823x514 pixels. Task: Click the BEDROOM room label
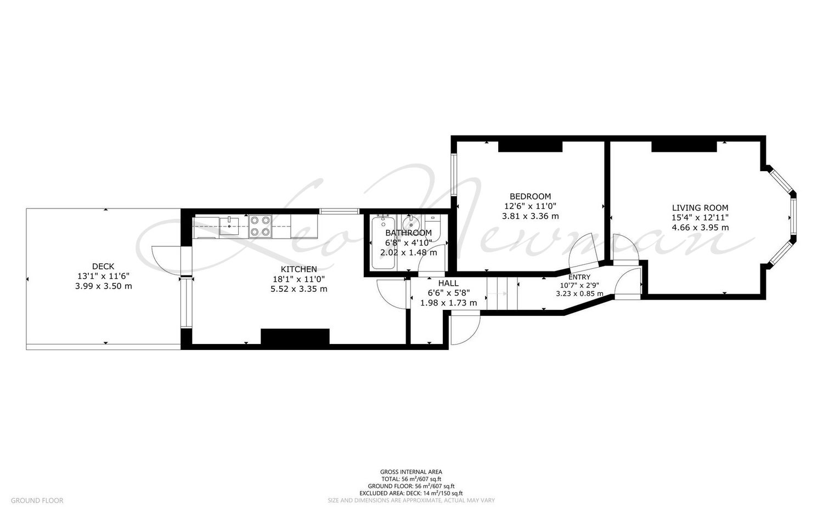pyautogui.click(x=530, y=196)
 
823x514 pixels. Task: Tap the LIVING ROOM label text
pyautogui.click(x=700, y=207)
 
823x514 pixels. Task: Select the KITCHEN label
pyautogui.click(x=298, y=269)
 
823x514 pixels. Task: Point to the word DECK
pyautogui.click(x=103, y=267)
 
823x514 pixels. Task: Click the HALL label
pyautogui.click(x=448, y=283)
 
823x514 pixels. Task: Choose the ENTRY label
pyautogui.click(x=579, y=277)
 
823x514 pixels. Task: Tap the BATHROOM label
pyautogui.click(x=409, y=233)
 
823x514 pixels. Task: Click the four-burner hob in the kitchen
pyautogui.click(x=260, y=226)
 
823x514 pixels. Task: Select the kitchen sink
pyautogui.click(x=229, y=225)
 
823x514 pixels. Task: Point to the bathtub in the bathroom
pyautogui.click(x=383, y=242)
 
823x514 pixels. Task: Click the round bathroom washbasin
pyautogui.click(x=410, y=222)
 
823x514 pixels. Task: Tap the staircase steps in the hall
pyautogui.click(x=502, y=293)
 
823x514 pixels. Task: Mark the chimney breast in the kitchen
pyautogui.click(x=295, y=337)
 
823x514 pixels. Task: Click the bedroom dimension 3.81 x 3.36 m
pyautogui.click(x=530, y=216)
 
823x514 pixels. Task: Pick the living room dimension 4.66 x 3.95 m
pyautogui.click(x=700, y=228)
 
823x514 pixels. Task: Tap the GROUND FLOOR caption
pyautogui.click(x=37, y=500)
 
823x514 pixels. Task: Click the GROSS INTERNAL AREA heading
pyautogui.click(x=411, y=472)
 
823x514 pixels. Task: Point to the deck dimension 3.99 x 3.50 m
pyautogui.click(x=103, y=286)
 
